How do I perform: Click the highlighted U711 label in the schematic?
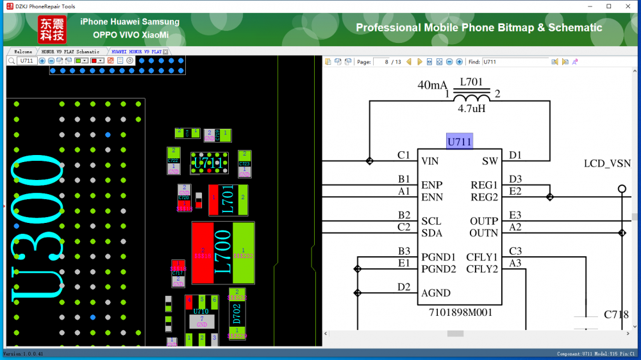(459, 142)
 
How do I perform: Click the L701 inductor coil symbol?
(471, 96)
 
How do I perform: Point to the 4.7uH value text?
(471, 109)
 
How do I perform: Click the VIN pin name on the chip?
(429, 161)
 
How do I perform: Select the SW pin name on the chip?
(490, 161)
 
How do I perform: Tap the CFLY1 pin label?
(482, 257)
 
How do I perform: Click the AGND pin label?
(436, 293)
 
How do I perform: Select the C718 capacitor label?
(616, 315)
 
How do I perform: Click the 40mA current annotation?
(433, 85)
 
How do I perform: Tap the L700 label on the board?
(222, 254)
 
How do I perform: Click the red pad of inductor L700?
(203, 254)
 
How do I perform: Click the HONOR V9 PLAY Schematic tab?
(71, 51)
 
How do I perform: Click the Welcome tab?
(22, 51)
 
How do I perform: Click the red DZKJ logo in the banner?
(51, 29)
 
